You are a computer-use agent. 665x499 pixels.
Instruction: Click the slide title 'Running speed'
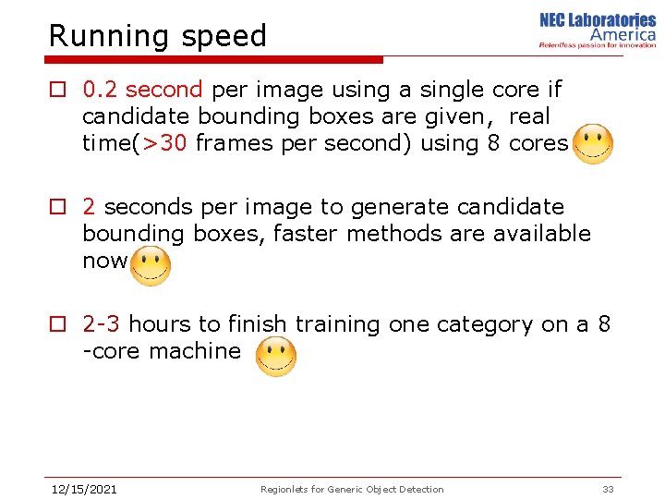click(157, 36)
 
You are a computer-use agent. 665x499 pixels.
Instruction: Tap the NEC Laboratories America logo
click(598, 30)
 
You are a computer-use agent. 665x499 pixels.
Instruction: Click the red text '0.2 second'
click(142, 90)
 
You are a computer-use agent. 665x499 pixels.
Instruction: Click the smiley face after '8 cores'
click(592, 144)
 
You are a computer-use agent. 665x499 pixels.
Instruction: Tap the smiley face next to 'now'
click(150, 265)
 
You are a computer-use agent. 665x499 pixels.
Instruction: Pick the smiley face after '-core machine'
click(275, 356)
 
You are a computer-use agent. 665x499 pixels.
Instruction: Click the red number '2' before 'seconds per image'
click(89, 207)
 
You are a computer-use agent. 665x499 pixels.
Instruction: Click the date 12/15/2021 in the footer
click(83, 489)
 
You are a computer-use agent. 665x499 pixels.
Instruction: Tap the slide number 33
click(608, 489)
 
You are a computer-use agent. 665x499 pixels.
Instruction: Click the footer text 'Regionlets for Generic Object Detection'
click(352, 489)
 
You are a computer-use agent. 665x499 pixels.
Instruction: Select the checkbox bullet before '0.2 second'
click(58, 91)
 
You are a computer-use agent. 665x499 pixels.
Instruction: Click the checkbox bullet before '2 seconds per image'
click(58, 208)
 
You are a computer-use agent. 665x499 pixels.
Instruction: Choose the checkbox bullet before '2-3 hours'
click(58, 325)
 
